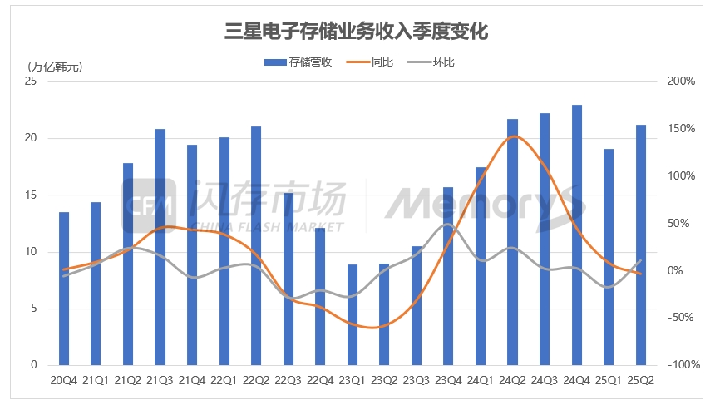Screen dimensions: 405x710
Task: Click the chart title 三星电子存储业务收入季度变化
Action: pos(355,32)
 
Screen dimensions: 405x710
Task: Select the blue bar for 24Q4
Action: pos(577,235)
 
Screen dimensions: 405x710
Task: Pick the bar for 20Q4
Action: pos(64,289)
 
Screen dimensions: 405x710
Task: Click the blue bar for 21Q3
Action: pos(160,247)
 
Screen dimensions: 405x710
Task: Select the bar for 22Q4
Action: pos(320,296)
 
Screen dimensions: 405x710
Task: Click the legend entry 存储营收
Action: pos(298,62)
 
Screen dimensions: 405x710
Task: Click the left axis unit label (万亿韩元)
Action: pos(56,67)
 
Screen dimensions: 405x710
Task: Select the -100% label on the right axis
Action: pos(679,365)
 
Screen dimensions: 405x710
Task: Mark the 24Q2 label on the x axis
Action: pos(513,381)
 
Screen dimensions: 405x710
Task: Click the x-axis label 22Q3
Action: pos(288,381)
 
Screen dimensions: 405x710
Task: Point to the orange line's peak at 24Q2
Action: pos(514,136)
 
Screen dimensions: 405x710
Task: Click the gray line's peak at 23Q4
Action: pos(448,225)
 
